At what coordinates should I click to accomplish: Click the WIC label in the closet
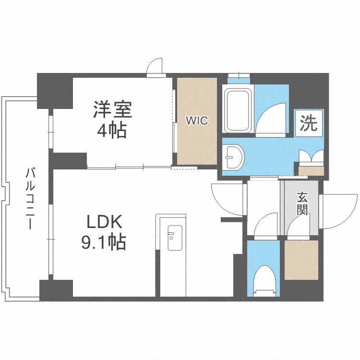pos(197,121)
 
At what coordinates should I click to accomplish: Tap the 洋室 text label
pos(112,109)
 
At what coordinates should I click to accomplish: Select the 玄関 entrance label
pos(301,204)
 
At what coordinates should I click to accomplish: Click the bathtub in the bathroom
pos(238,110)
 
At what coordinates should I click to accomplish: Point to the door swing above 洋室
pos(156,67)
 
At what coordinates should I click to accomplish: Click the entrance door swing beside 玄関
pos(338,206)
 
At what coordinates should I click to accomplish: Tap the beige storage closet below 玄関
pos(301,260)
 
